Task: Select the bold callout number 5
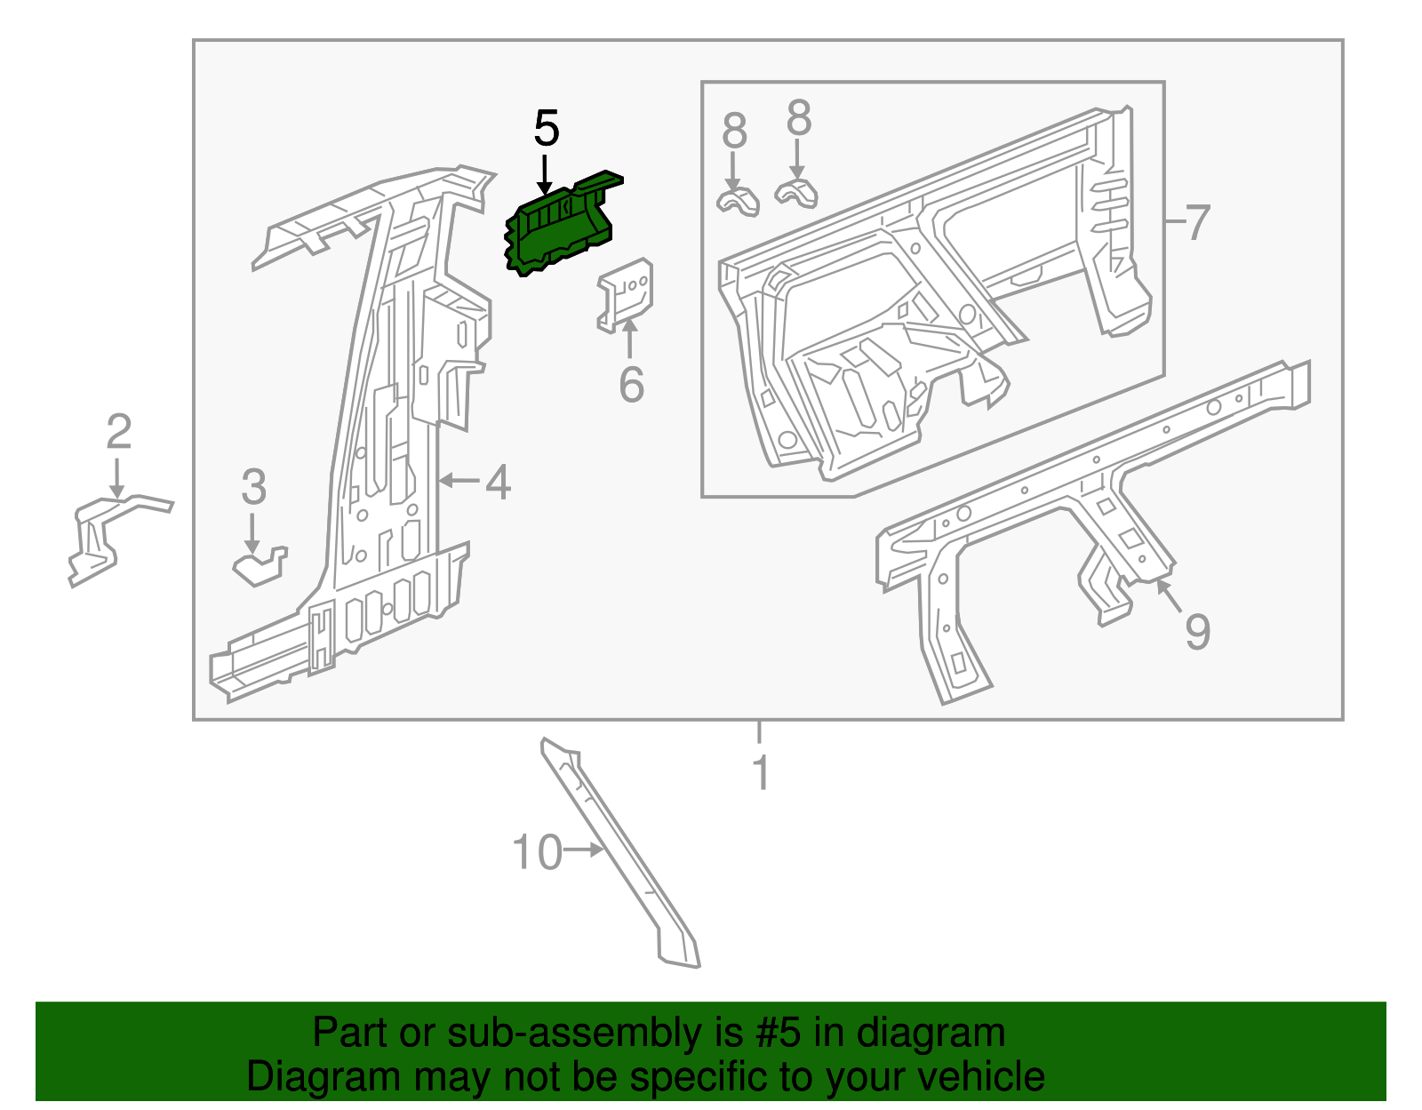(x=546, y=129)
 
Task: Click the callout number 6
(x=631, y=385)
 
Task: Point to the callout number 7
(x=1197, y=222)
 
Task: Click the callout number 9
(x=1197, y=631)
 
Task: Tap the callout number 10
(x=538, y=852)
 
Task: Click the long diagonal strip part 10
(x=622, y=853)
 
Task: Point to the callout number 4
(x=498, y=483)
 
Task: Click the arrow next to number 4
(x=459, y=481)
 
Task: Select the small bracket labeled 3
(x=260, y=566)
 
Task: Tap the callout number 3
(x=253, y=488)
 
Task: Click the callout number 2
(x=118, y=433)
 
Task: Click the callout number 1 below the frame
(x=760, y=771)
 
